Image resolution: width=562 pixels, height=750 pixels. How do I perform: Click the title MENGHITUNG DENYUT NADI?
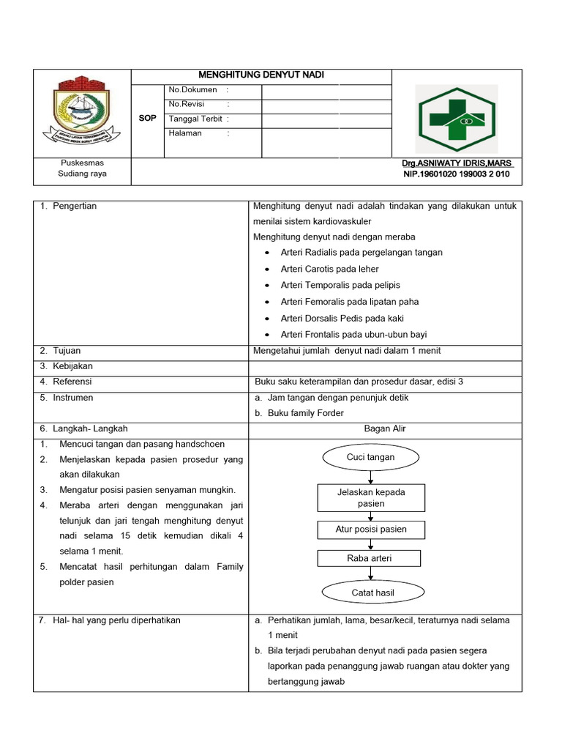pos(261,75)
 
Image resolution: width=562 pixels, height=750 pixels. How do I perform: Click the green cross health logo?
pos(456,119)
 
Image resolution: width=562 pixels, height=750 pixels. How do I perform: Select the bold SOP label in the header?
pos(147,118)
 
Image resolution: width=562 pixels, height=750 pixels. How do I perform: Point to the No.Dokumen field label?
pos(193,90)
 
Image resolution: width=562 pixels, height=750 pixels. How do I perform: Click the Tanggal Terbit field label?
pos(197,119)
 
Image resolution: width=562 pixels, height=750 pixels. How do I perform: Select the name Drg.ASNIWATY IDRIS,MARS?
pos(457,163)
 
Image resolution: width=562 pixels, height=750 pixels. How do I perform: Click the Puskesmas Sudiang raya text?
pos(82,168)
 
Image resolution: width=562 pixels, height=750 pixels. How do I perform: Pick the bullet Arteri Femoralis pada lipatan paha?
pos(349,301)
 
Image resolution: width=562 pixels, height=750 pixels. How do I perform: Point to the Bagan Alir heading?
pos(384,428)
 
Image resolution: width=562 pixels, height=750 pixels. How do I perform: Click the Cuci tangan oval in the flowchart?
pos(370,458)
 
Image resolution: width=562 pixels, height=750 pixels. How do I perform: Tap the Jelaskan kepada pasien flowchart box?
pos(370,498)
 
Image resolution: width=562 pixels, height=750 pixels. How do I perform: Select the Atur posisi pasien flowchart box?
pos(370,530)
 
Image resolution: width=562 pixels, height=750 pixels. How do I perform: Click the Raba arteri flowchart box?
pos(369,558)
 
